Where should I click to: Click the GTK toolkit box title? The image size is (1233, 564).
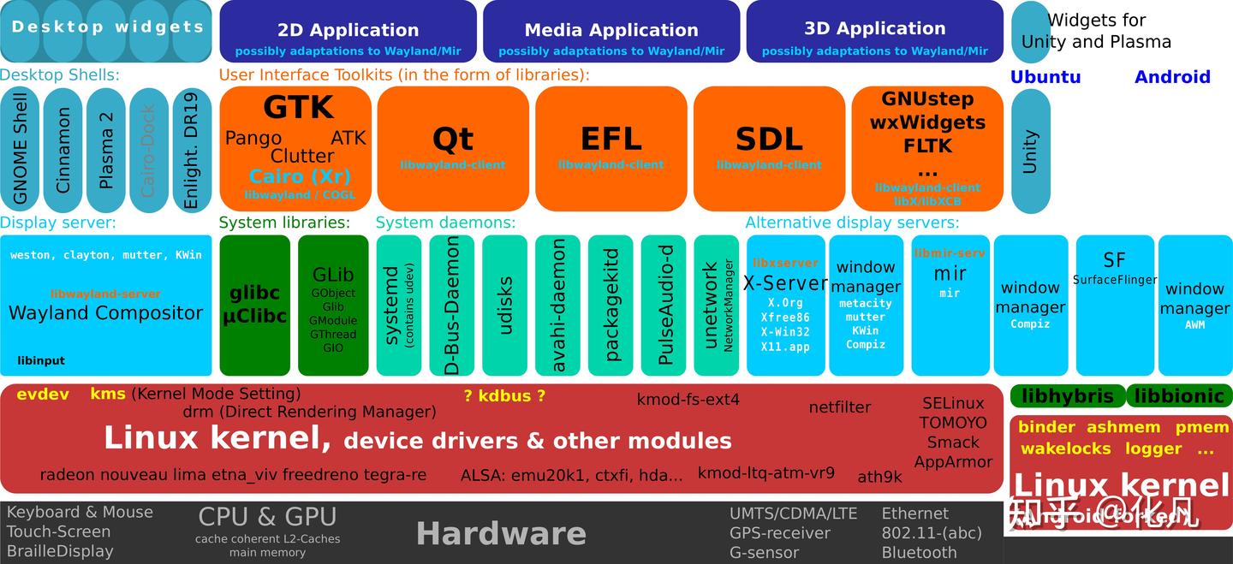(298, 108)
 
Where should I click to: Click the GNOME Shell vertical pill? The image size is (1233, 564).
(20, 150)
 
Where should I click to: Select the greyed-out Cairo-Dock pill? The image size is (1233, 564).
(149, 150)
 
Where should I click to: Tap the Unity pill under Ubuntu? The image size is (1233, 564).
(1030, 151)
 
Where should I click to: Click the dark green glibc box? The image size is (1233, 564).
(254, 305)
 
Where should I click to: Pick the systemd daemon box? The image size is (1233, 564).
(398, 305)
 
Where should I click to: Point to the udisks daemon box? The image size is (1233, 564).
(504, 305)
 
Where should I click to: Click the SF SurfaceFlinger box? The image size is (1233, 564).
(1114, 304)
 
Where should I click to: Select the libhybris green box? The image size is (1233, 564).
(1067, 396)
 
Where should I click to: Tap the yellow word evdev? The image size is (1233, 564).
(42, 395)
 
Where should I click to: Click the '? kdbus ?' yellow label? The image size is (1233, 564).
(504, 395)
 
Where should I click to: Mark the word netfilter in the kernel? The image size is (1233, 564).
(839, 407)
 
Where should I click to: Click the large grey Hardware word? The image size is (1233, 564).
(501, 533)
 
